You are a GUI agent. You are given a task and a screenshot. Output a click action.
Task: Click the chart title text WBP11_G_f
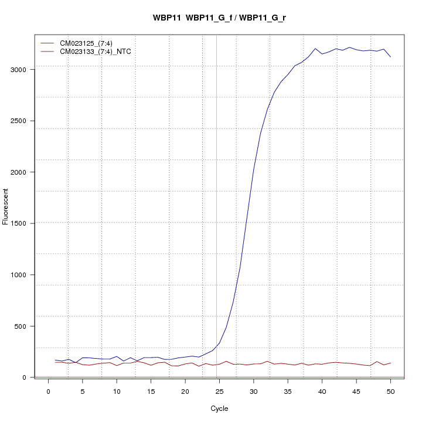[x=210, y=18]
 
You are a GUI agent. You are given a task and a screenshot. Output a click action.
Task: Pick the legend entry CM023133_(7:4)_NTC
[x=96, y=52]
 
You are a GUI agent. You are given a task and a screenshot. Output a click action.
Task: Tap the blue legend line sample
[x=47, y=43]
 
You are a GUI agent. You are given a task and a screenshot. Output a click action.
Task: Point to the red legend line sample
[x=47, y=52]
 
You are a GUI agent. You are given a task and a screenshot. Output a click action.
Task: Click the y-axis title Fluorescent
[x=6, y=206]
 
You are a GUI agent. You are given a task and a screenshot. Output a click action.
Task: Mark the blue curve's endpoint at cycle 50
[x=390, y=57]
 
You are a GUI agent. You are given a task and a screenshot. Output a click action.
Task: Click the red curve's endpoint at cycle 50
[x=390, y=363]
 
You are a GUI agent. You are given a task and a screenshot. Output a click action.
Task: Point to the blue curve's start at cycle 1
[x=55, y=360]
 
